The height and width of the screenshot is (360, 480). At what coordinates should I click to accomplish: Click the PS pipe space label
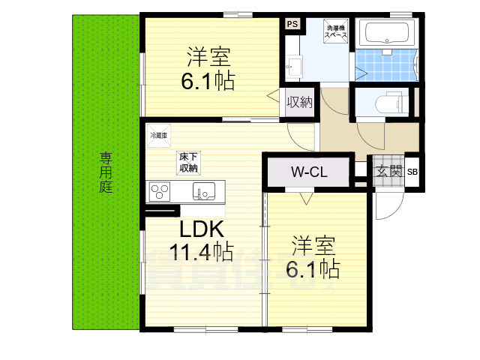292,24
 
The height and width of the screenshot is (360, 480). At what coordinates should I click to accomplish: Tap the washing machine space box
335,31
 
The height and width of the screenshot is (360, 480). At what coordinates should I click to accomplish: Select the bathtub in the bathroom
387,32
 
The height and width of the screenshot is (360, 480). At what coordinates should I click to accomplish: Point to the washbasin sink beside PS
292,67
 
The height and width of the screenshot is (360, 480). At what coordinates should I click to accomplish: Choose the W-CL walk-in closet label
309,172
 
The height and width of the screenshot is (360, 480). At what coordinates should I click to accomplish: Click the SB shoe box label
412,172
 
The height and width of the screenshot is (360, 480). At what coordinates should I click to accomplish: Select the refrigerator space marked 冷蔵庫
158,135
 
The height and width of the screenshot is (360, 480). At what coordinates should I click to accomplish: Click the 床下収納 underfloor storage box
188,162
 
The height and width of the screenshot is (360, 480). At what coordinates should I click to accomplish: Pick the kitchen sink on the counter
203,192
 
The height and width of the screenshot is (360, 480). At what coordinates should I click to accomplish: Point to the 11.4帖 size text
200,252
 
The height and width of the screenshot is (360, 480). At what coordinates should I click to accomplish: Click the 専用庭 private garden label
106,172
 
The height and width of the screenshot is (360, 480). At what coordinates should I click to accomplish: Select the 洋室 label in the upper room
207,56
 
